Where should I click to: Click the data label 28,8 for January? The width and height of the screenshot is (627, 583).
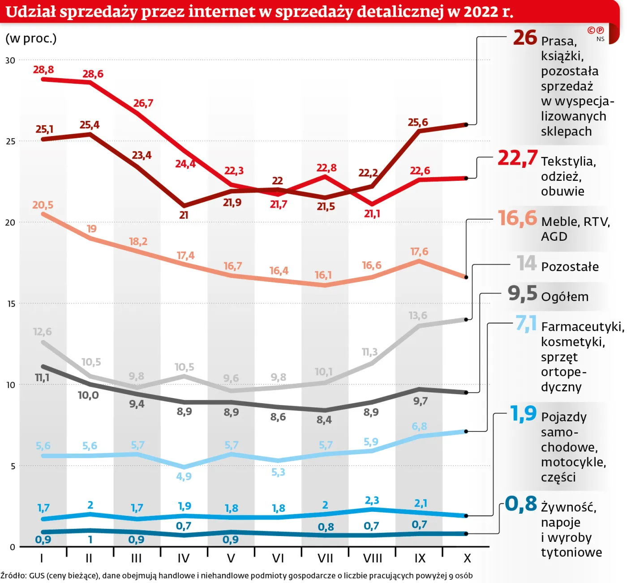[x=43, y=69]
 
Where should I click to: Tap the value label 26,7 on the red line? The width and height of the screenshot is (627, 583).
[x=143, y=103]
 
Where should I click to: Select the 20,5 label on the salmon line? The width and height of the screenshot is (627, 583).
[x=43, y=205]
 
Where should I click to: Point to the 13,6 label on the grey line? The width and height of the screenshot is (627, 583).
[x=418, y=315]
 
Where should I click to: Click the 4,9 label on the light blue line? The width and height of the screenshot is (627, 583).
[x=184, y=477]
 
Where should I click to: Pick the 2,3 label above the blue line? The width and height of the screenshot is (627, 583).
[x=372, y=500]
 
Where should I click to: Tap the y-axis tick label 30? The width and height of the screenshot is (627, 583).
[x=10, y=60]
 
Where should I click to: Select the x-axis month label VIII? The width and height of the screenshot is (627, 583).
[x=373, y=558]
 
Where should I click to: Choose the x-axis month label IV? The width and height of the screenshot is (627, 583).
[x=184, y=558]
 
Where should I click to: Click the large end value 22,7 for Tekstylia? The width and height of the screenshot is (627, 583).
[x=517, y=158]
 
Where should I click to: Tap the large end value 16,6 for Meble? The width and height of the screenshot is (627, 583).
[x=517, y=218]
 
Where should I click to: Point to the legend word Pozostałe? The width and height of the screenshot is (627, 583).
[x=570, y=267]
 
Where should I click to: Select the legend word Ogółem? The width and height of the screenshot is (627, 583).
[x=565, y=297]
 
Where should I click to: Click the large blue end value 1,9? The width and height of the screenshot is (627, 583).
[x=523, y=413]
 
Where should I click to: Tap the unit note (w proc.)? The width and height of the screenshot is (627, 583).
[x=31, y=38]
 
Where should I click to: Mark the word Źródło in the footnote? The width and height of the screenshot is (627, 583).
[x=13, y=576]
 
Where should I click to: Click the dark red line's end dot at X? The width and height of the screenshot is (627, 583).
[x=466, y=125]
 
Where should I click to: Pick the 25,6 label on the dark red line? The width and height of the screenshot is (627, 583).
[x=418, y=122]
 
